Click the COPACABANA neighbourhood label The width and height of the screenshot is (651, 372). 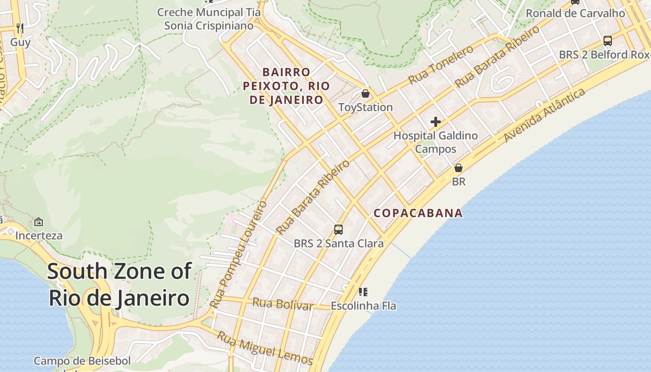[x=418, y=213]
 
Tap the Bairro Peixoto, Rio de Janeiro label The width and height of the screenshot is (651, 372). [x=286, y=86]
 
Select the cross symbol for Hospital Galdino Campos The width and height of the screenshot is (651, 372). [x=436, y=122]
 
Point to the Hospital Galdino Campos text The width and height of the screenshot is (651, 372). [x=436, y=142]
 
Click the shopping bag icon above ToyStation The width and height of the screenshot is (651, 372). [x=365, y=93]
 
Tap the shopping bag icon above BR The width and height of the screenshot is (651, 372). [x=458, y=168]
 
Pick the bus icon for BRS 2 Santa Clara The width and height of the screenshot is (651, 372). [x=339, y=229]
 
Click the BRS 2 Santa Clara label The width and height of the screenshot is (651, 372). [x=339, y=243]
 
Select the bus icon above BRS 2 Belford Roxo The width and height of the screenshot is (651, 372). [x=607, y=40]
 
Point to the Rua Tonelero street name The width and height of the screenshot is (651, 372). [x=441, y=65]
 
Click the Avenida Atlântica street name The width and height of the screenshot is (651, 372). [x=545, y=115]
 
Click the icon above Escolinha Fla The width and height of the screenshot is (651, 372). [x=363, y=292]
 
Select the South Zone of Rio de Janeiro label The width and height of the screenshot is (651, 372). [x=119, y=285]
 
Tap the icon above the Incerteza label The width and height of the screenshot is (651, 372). [x=39, y=222]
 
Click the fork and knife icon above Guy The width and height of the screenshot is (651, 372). [x=20, y=28]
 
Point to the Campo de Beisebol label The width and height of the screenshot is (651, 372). [x=82, y=361]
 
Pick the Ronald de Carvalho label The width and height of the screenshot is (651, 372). [x=575, y=13]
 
